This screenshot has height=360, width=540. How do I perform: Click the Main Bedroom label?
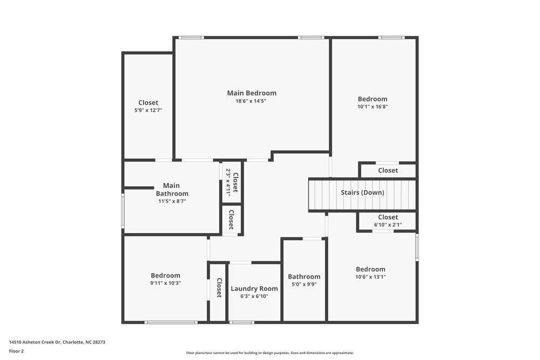[x=251, y=93]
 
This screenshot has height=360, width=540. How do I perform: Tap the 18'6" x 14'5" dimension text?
[x=251, y=101]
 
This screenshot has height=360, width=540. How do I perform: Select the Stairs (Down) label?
[x=362, y=193]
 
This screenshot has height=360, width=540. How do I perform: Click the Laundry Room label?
[x=254, y=288]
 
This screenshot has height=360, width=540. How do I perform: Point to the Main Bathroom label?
[x=172, y=189]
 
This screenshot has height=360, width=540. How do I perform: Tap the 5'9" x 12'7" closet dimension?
[x=148, y=110]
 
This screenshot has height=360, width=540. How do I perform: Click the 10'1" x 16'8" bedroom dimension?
[x=373, y=106]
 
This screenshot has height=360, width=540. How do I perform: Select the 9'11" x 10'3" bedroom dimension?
[x=165, y=283]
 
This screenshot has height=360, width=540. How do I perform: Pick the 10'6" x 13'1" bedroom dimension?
[x=370, y=277]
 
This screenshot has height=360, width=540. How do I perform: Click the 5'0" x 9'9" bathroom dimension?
[x=304, y=284]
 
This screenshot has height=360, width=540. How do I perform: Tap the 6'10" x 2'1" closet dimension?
[x=388, y=225]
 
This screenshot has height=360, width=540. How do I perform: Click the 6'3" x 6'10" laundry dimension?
[x=254, y=296]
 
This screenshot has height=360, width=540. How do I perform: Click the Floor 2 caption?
[x=16, y=351]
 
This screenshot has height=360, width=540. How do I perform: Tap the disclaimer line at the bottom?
[x=270, y=353]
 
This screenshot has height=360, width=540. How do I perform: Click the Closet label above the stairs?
[x=388, y=171]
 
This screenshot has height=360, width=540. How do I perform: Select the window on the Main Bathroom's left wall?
[x=123, y=210]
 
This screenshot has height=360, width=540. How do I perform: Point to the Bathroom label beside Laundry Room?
[x=304, y=276]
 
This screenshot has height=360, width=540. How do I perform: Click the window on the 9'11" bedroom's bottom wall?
[x=171, y=322]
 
